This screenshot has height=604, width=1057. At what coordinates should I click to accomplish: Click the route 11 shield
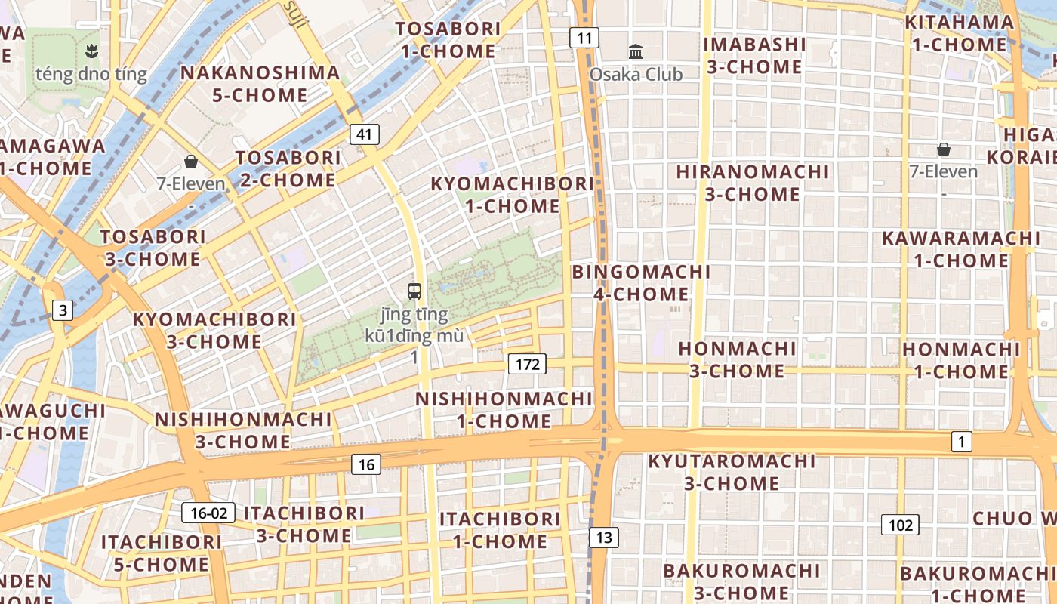pyautogui.click(x=584, y=38)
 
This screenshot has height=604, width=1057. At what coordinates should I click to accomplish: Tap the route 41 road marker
pyautogui.click(x=365, y=135)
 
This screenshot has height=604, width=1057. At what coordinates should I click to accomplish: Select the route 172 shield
pyautogui.click(x=526, y=365)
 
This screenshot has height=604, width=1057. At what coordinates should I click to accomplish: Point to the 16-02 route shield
pyautogui.click(x=208, y=513)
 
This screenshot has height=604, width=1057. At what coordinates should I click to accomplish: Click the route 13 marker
pyautogui.click(x=603, y=538)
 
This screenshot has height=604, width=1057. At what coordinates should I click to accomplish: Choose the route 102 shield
pyautogui.click(x=900, y=525)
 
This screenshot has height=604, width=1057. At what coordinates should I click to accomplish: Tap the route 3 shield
pyautogui.click(x=63, y=310)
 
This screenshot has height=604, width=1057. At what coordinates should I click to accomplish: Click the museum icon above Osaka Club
pyautogui.click(x=636, y=52)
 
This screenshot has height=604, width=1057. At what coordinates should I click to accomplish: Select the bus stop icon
pyautogui.click(x=414, y=291)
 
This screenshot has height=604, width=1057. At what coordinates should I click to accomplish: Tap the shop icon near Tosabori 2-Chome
pyautogui.click(x=191, y=162)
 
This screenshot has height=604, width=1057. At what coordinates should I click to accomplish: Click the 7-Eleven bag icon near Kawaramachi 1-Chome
pyautogui.click(x=943, y=149)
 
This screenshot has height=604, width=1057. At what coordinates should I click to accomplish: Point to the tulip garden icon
pyautogui.click(x=91, y=52)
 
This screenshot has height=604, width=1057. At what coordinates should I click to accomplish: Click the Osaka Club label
pyautogui.click(x=636, y=74)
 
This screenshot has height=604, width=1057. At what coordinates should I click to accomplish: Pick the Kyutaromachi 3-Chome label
pyautogui.click(x=732, y=472)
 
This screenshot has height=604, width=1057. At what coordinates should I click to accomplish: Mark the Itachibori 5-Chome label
pyautogui.click(x=161, y=553)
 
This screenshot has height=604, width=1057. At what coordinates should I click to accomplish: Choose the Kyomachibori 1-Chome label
pyautogui.click(x=512, y=195)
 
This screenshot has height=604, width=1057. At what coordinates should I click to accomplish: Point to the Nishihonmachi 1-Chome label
pyautogui.click(x=504, y=409)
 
